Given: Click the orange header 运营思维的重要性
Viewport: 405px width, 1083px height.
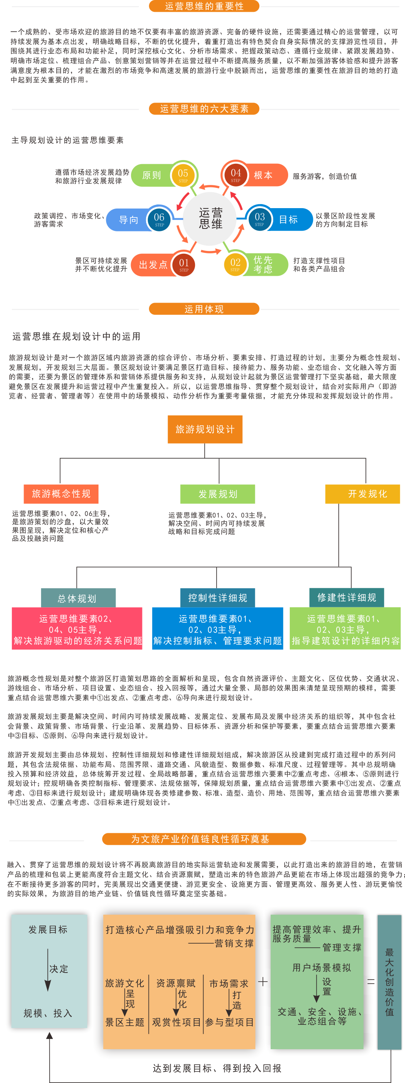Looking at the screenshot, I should point(204,6).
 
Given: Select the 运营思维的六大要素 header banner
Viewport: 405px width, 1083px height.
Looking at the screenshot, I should point(204,109).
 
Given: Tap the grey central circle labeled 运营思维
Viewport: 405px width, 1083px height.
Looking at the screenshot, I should point(210,218).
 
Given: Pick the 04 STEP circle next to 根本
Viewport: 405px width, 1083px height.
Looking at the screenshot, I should point(236,174).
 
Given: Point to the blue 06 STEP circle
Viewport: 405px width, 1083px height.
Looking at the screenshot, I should point(159,219).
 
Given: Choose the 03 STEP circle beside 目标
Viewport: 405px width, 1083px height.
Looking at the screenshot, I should point(260,219).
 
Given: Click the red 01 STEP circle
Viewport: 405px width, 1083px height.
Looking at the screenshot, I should point(184,264).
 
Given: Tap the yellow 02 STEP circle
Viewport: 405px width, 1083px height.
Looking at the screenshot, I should point(235,264).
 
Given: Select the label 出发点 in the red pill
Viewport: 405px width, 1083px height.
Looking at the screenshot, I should point(153,265).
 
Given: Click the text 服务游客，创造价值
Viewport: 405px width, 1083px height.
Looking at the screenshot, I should point(325,176).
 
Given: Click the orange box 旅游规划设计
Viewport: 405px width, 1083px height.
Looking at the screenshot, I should point(205,429).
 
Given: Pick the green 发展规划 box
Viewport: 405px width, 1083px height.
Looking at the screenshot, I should point(218,494).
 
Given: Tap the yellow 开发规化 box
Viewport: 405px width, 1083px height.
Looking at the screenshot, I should point(363,494).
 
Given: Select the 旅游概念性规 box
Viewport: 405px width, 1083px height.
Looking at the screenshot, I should point(61,494).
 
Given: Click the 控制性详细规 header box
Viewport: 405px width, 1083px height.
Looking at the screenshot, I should point(217,598).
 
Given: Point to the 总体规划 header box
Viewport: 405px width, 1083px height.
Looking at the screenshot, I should point(77,598).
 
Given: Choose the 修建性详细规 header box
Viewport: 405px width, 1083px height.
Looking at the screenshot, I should point(347,598).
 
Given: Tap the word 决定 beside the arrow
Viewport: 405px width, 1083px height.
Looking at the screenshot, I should point(59,969).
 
